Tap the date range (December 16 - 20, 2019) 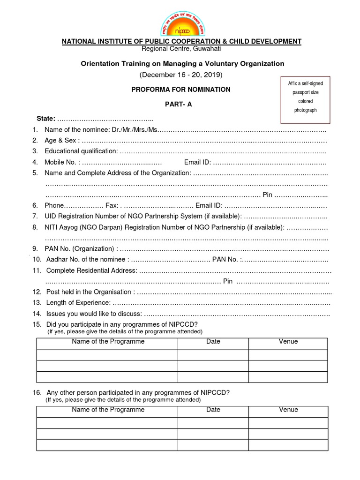tap(181, 75)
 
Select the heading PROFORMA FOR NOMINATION tap(181, 89)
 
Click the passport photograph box tap(305, 97)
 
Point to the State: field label tap(46, 118)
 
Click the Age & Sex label tap(62, 140)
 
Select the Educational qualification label tap(81, 151)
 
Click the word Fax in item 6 tap(112, 205)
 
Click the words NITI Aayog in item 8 tap(60, 227)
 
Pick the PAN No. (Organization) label tap(81, 248)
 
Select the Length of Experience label tap(78, 302)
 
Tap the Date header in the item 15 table tap(213, 342)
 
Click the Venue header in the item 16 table tap(288, 410)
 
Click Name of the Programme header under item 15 tap(108, 342)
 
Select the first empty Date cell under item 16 tap(213, 422)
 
